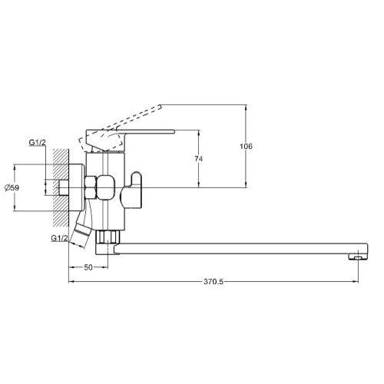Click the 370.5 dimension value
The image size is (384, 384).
[x=214, y=282]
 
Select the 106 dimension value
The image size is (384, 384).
[x=246, y=147]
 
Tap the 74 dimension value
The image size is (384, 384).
[x=199, y=159]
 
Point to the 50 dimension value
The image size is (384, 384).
[x=88, y=267]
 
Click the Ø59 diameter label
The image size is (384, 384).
[x=12, y=187]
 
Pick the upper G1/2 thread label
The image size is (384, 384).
[x=38, y=142]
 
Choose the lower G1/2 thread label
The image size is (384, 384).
[x=59, y=238]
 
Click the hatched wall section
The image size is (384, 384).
[x=61, y=187]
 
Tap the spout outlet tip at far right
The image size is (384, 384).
[x=358, y=257]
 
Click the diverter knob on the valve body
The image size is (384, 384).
[x=131, y=190]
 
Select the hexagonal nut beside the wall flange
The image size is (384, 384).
[x=91, y=187]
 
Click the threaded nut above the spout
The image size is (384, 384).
[x=108, y=237]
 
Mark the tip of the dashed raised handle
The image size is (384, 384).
[x=161, y=106]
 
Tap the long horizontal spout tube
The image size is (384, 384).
[x=240, y=249]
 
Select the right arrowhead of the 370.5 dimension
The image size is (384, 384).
[x=356, y=282]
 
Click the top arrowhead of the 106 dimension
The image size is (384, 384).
[x=246, y=108]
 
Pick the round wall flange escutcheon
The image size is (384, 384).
[x=77, y=187]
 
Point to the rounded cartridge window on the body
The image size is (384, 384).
[x=107, y=187]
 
